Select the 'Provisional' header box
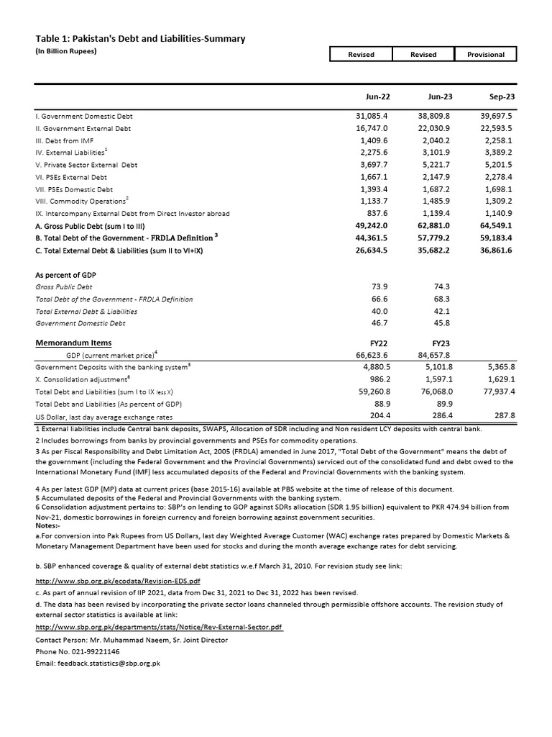pos(486,55)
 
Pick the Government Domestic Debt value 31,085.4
pos(372,116)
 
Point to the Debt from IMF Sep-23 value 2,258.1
pos(496,140)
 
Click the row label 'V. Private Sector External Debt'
pos(86,165)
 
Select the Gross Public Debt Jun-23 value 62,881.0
pos(434,226)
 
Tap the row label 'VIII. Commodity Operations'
pos(83,202)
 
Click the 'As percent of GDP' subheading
pos(66,275)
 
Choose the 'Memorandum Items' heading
pos(73,343)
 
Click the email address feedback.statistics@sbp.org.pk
pos(98,662)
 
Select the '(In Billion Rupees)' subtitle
pos(65,51)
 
